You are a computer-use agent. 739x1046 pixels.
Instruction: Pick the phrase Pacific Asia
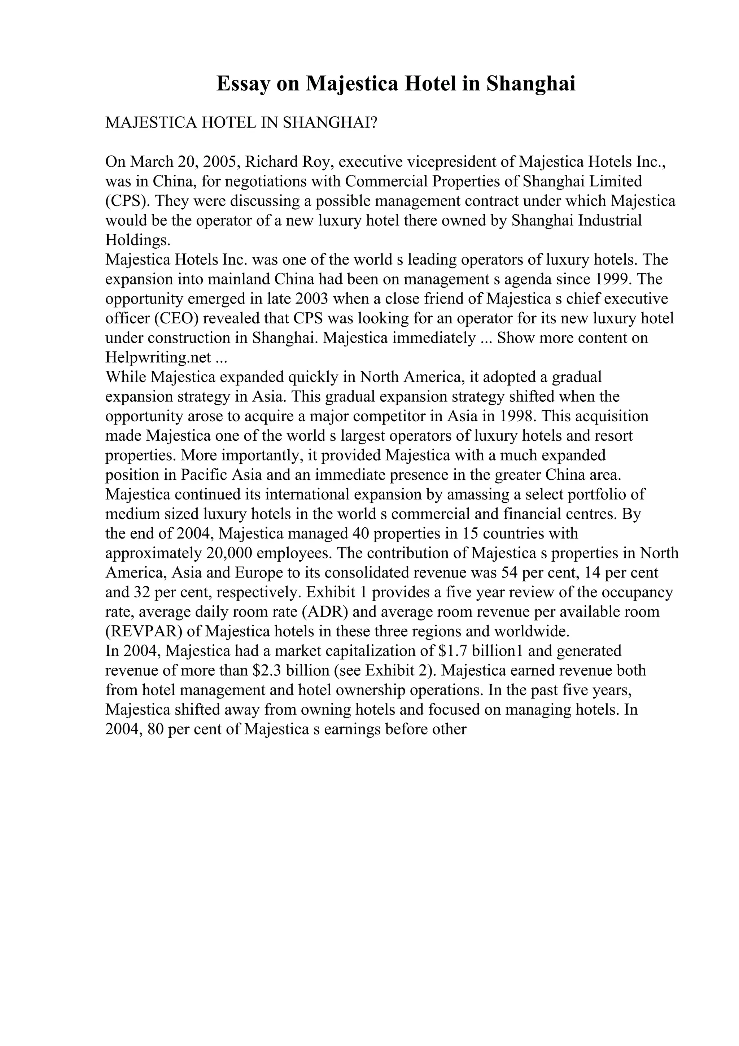(221, 475)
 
